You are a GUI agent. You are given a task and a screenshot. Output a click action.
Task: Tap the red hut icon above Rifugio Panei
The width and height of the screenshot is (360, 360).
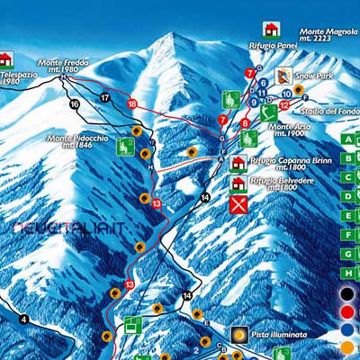(269, 29)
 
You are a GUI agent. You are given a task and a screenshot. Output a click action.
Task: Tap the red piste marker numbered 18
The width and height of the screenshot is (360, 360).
(132, 104)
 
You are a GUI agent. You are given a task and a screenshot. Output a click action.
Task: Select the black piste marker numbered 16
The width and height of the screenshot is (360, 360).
(75, 104)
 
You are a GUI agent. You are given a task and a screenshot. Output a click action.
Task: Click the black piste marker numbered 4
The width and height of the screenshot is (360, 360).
(23, 319)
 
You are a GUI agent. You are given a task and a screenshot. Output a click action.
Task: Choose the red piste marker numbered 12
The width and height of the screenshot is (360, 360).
(283, 105)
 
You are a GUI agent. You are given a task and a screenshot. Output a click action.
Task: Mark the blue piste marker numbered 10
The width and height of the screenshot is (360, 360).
(285, 92)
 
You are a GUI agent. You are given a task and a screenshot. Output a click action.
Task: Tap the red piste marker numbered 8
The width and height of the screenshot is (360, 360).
(245, 122)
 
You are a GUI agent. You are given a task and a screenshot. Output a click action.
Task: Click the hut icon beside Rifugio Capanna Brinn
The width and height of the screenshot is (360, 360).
(238, 164)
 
